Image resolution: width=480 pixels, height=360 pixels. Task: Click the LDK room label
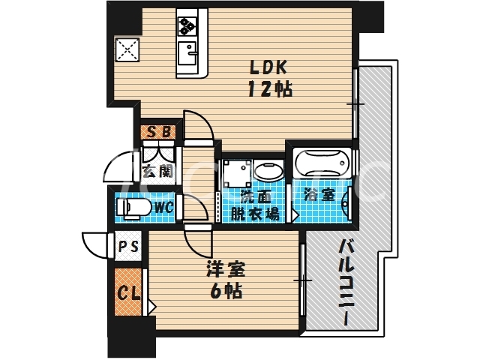click(268, 66)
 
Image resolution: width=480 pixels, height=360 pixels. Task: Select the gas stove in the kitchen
click(186, 27)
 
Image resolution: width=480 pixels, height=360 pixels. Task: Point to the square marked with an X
click(127, 50)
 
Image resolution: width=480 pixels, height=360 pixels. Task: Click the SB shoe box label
click(160, 133)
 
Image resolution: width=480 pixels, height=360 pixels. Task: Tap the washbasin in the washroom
click(267, 170)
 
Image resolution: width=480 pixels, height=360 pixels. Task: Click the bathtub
click(322, 162)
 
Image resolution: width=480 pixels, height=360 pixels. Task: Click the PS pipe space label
click(127, 245)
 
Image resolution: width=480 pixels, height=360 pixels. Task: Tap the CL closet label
click(127, 292)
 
